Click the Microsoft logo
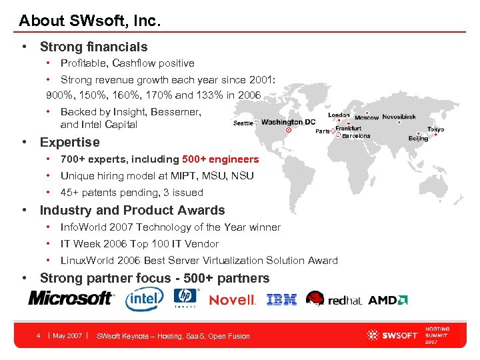point(71,298)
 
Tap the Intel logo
point(144,299)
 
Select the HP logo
point(185,298)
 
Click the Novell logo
point(232,300)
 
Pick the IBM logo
point(281,300)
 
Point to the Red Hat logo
point(334,299)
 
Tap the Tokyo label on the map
point(435,129)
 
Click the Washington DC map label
point(288,122)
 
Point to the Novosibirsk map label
point(399,117)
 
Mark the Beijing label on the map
point(418,139)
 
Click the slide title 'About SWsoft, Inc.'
point(90,21)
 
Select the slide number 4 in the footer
point(39,335)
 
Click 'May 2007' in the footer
point(67,335)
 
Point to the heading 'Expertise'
point(69,142)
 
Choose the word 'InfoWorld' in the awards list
point(82,227)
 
